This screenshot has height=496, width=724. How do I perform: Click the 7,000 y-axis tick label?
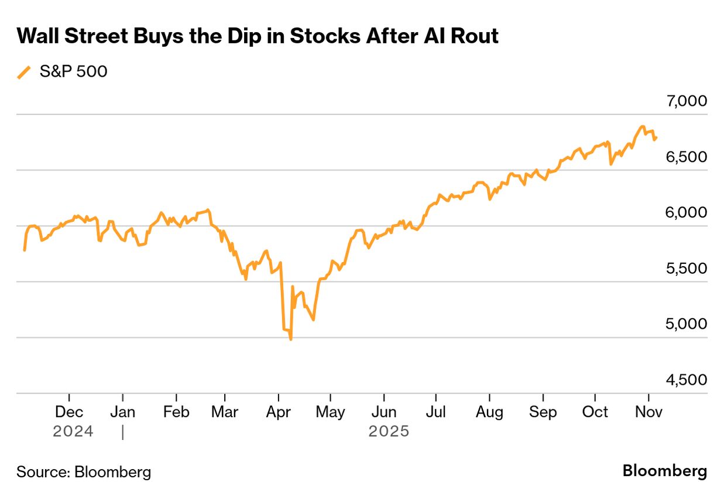coord(687,101)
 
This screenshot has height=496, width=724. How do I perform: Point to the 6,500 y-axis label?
coord(687,157)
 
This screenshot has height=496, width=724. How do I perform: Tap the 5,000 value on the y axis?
coord(687,324)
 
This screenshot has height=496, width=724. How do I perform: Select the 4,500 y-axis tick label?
coord(687,380)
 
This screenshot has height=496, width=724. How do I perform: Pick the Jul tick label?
coord(435,412)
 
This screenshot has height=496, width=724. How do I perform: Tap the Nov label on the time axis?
coord(648,412)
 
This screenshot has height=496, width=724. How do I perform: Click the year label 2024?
coord(73,432)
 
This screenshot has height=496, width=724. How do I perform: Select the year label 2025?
coord(389,432)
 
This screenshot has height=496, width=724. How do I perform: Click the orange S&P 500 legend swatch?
coord(24,72)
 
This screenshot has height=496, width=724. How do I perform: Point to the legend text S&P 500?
coord(73,72)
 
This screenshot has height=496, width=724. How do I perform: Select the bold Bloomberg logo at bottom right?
coord(664,471)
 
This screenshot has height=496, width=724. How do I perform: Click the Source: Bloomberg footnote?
coord(84,471)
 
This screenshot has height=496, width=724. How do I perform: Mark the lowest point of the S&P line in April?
coord(291,339)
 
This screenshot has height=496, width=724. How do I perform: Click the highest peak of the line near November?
coord(642,126)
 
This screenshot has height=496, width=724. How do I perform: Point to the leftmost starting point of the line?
coord(24,250)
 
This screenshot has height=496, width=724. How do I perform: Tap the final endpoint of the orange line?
coord(657,137)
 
